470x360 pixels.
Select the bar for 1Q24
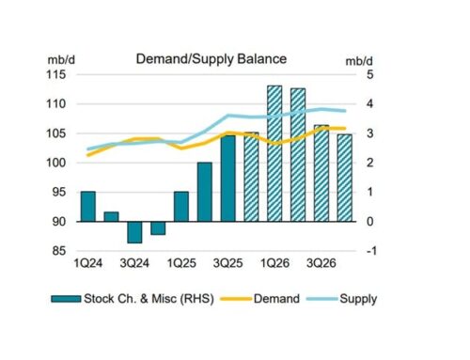pos(88,206)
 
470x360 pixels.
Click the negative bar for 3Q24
pos(134,231)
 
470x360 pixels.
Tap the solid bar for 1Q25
pos(181,207)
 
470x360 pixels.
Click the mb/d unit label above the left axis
pos(61,57)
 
